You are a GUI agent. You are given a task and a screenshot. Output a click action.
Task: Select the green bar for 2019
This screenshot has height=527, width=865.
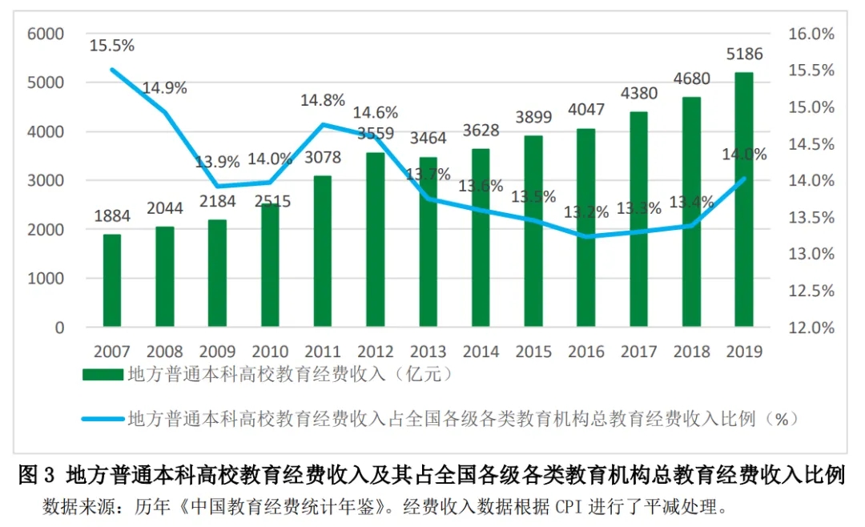click(x=744, y=200)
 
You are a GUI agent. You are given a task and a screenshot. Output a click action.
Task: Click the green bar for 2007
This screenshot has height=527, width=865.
click(x=112, y=280)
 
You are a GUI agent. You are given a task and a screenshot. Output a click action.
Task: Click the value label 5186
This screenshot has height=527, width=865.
click(x=744, y=55)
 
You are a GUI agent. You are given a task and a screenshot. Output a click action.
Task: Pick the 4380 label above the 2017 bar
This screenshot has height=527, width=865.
click(x=638, y=94)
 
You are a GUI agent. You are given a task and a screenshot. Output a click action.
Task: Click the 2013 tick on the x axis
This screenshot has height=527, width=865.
click(x=428, y=351)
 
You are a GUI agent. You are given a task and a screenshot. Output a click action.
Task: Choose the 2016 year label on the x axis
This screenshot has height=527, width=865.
click(x=586, y=351)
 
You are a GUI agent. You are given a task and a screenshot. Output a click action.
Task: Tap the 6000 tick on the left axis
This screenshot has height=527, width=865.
click(x=45, y=34)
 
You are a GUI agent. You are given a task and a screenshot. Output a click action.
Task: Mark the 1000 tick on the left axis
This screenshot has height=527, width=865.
click(x=45, y=279)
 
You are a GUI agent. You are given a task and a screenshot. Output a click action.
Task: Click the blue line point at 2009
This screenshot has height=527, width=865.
click(x=218, y=186)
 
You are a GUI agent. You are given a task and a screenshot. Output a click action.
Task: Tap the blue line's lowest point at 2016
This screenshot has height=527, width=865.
click(x=586, y=236)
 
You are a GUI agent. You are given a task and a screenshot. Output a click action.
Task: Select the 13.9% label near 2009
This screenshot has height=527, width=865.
click(x=217, y=162)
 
